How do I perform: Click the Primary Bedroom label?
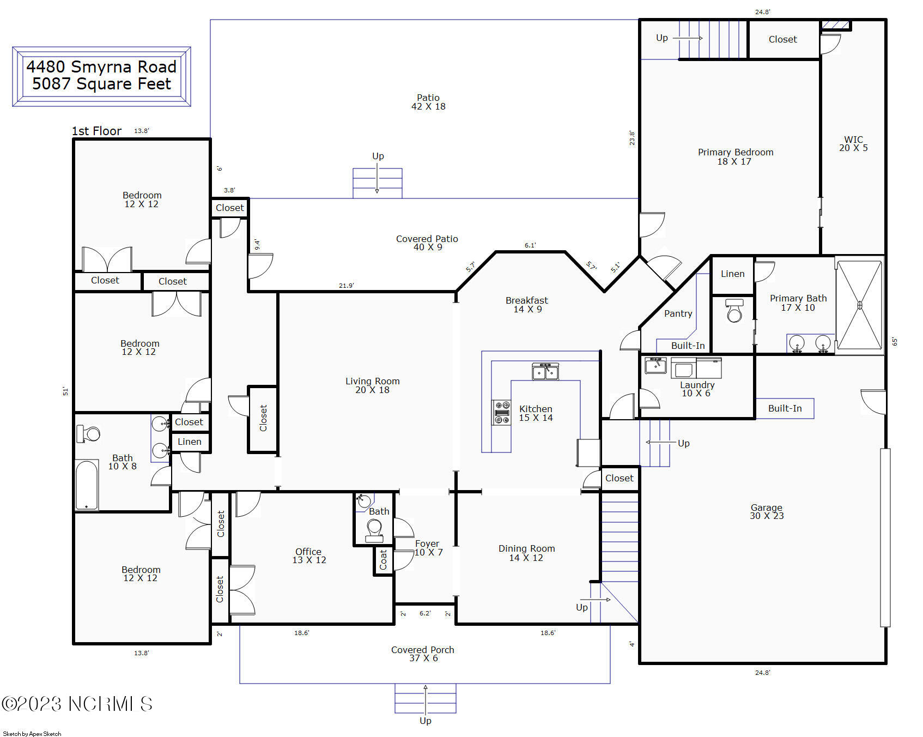point(736,152)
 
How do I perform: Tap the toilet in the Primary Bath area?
point(734,311)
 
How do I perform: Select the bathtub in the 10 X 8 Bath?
point(87,485)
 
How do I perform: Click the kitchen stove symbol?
point(502,413)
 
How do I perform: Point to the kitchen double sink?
point(545,371)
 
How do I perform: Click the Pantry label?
point(678,313)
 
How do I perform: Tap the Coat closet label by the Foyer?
point(383,560)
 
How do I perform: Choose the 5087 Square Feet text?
point(102,84)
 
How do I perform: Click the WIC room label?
point(853,140)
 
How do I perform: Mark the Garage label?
point(766,508)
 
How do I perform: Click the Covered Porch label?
point(422,650)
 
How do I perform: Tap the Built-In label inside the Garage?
point(785,408)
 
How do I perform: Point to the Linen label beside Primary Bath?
point(732,274)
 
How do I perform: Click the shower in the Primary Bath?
point(859,305)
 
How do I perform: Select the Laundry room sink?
point(655,365)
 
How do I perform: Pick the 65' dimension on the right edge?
point(894,341)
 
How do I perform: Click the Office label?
point(308,552)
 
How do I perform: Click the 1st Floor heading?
point(96,131)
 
